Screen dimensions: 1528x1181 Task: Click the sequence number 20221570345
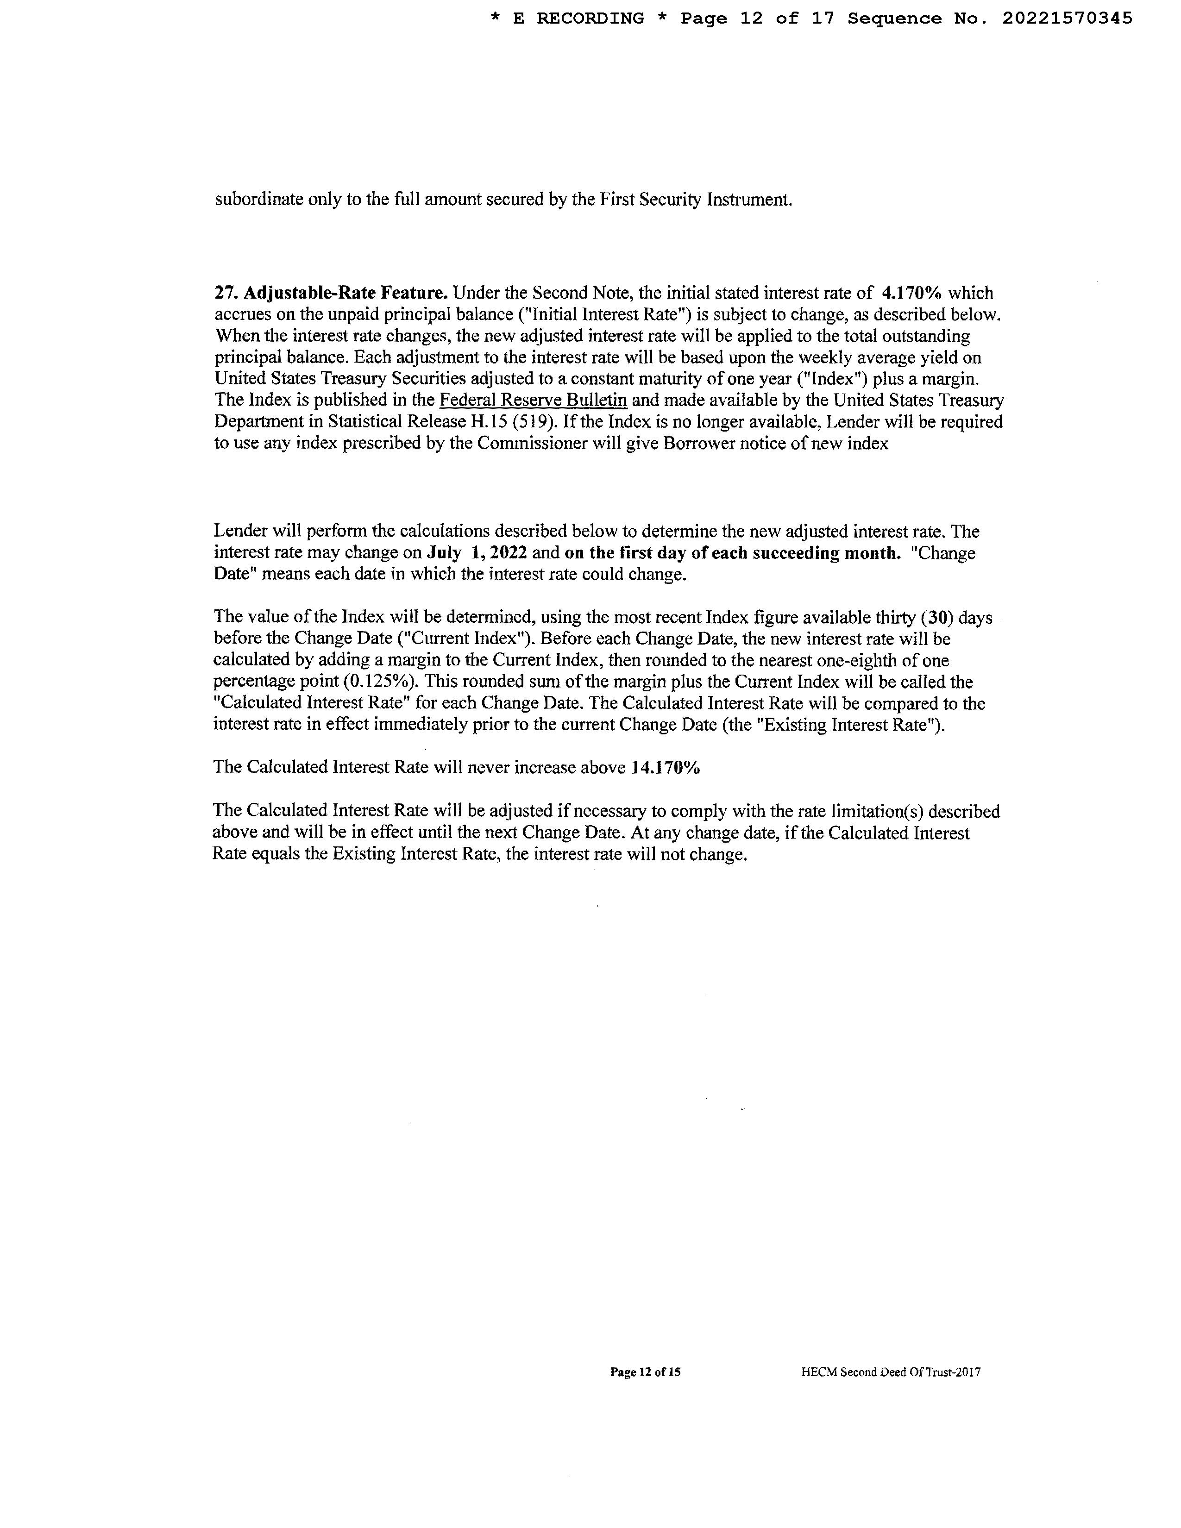coord(1067,19)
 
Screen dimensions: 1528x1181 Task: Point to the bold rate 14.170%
coord(666,768)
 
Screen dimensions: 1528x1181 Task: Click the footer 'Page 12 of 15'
coord(645,1372)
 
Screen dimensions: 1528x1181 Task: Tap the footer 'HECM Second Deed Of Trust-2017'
coord(891,1372)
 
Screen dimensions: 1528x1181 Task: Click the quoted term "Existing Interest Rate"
coord(848,725)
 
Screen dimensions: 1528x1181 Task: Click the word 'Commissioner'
coord(532,444)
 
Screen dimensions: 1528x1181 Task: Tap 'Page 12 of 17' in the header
coord(758,19)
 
